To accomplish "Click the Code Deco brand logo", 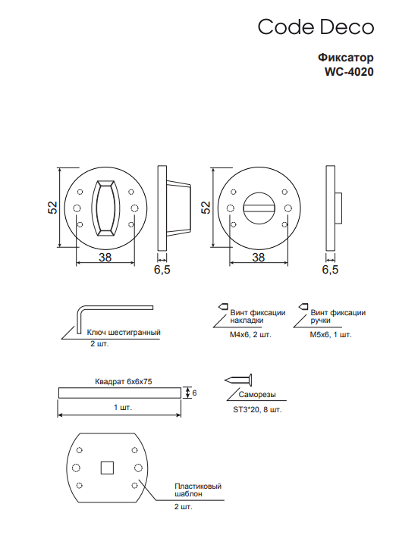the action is click(x=316, y=27).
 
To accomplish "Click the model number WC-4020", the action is click(x=349, y=72).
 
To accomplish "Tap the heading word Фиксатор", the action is click(x=346, y=57).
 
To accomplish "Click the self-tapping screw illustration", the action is click(x=238, y=380).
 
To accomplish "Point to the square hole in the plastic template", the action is click(x=107, y=468).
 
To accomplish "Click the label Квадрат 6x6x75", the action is click(x=124, y=381).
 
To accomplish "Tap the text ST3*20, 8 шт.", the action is click(x=257, y=409).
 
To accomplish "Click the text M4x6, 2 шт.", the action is click(x=250, y=335).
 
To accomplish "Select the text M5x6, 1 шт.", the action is click(x=331, y=335).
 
